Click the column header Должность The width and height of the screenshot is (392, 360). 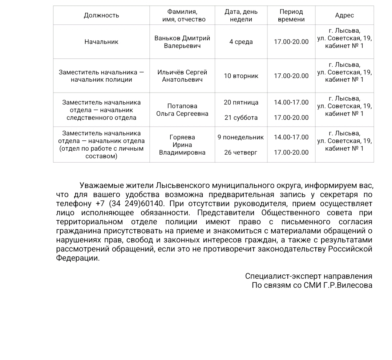click(x=101, y=15)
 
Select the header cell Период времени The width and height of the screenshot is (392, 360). click(x=291, y=16)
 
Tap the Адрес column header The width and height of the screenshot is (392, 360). click(x=344, y=15)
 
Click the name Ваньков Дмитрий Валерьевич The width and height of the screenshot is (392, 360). click(x=182, y=42)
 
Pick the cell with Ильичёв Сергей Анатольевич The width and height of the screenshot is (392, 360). click(x=182, y=76)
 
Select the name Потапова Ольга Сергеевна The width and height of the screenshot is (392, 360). click(x=182, y=110)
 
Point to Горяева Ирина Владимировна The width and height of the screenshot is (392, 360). click(x=182, y=145)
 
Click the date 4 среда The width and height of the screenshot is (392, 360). click(x=241, y=42)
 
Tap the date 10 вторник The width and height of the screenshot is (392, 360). click(x=241, y=76)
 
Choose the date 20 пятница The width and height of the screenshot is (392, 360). click(x=241, y=102)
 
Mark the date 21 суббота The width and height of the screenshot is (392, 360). click(x=241, y=118)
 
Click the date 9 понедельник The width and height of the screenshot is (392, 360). click(x=241, y=137)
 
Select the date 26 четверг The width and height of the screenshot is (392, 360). click(x=241, y=152)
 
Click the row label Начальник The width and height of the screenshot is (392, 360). click(x=101, y=42)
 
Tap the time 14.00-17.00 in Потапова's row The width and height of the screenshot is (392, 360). click(x=291, y=102)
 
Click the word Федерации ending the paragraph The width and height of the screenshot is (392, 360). click(x=77, y=258)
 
